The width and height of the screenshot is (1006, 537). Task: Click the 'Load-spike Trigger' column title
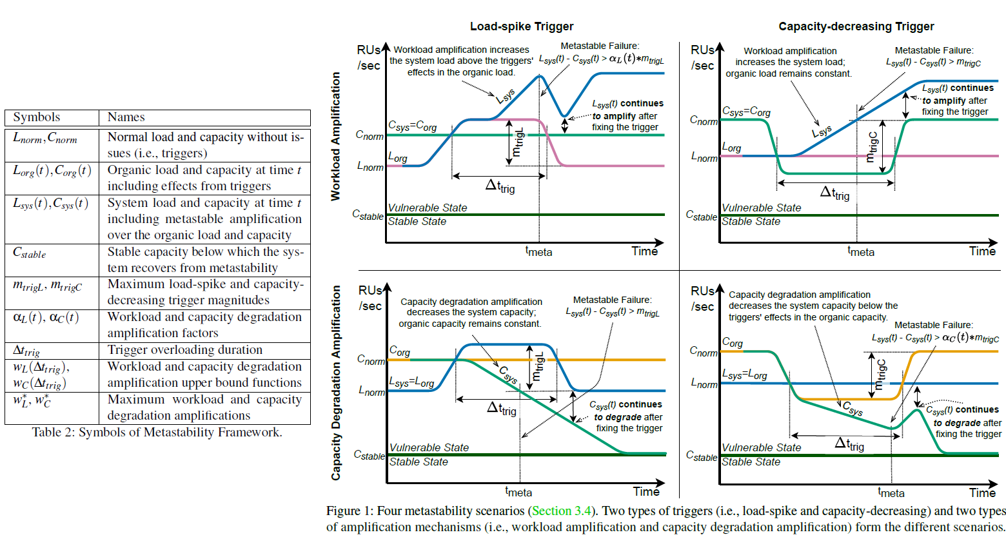pos(522,26)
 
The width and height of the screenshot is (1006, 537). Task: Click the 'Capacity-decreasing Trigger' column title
pos(856,26)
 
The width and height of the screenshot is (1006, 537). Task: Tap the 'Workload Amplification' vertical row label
pos(335,136)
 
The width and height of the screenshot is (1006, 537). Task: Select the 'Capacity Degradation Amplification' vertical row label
pos(335,382)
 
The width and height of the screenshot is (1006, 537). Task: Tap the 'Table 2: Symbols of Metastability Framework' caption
pos(157,433)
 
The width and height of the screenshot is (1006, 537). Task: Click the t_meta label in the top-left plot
pos(538,251)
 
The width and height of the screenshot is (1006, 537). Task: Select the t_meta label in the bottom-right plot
pos(891,492)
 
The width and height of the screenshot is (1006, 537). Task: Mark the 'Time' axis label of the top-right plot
pos(982,251)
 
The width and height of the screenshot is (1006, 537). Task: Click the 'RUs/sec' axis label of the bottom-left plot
pos(370,298)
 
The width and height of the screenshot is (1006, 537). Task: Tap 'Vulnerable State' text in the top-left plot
pos(427,208)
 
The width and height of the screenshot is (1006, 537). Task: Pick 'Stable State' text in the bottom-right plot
pos(751,462)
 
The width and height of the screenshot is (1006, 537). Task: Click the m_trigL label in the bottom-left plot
pos(538,366)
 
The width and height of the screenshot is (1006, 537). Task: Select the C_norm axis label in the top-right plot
pos(704,121)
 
